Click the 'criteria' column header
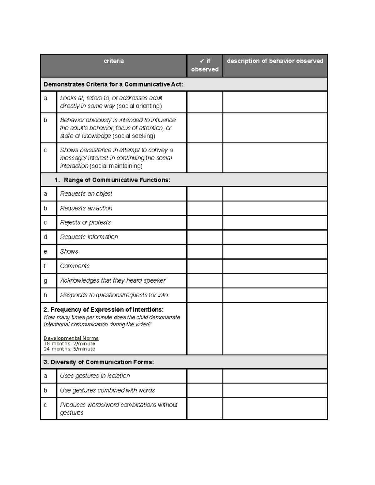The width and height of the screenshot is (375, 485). (x=114, y=61)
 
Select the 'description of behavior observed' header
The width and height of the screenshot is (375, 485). (x=275, y=61)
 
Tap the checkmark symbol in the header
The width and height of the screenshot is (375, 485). (x=202, y=61)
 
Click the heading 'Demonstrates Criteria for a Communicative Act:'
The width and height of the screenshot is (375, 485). (x=113, y=84)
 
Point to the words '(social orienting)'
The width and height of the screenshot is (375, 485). (x=139, y=106)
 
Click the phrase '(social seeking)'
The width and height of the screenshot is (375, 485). (x=134, y=136)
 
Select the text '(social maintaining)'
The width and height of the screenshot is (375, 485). (x=116, y=166)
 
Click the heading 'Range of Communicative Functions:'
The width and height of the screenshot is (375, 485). (x=117, y=180)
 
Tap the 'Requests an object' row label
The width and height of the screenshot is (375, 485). (x=86, y=194)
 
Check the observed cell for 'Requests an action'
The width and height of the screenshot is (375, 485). (x=205, y=208)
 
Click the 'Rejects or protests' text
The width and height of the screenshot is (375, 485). (x=85, y=223)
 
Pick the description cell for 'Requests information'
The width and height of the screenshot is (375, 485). (x=275, y=237)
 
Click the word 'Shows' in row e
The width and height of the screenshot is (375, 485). (x=69, y=252)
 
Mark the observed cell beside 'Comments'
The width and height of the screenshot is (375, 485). (x=205, y=266)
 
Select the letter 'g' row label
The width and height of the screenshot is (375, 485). (x=46, y=281)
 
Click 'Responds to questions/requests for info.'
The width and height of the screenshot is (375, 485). (x=114, y=295)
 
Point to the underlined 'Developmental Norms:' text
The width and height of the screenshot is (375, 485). (x=72, y=338)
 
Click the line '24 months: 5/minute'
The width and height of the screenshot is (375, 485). (x=69, y=349)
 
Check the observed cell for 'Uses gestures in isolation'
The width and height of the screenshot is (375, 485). (x=205, y=376)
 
